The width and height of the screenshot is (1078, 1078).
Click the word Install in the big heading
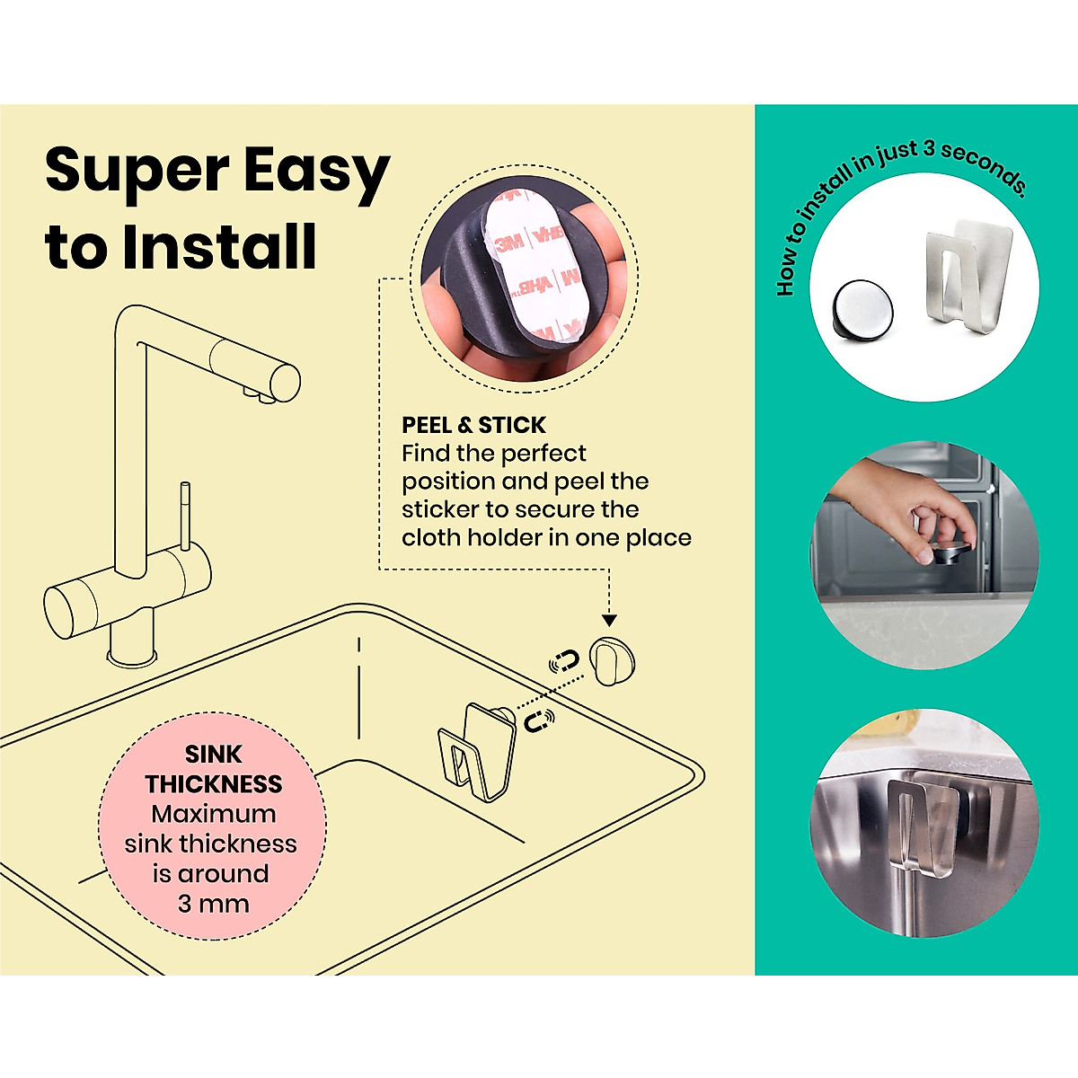pyautogui.click(x=220, y=247)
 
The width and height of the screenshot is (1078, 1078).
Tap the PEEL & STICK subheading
pyautogui.click(x=473, y=425)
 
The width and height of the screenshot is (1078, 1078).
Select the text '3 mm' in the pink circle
pyautogui.click(x=213, y=903)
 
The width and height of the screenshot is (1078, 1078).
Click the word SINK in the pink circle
pyautogui.click(x=214, y=755)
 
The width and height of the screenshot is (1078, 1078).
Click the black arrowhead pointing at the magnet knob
pyautogui.click(x=609, y=620)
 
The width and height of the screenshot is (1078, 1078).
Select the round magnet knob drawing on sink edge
pyautogui.click(x=613, y=661)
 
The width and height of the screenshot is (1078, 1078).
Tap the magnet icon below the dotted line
pyautogui.click(x=539, y=720)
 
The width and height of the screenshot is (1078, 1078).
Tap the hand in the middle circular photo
pyautogui.click(x=889, y=503)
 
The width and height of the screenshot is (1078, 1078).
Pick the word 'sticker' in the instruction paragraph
pyautogui.click(x=440, y=509)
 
